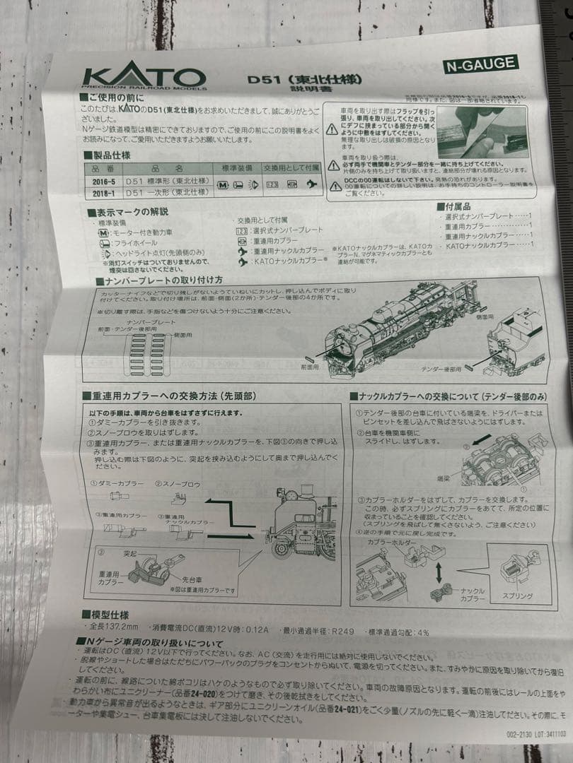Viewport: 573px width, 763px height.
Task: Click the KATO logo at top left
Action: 144,77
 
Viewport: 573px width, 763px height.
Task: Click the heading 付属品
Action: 453,206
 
